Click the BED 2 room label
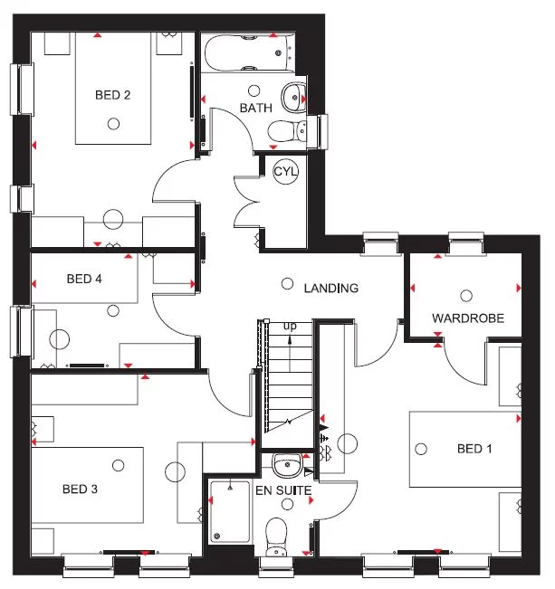(113, 94)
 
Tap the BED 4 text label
(84, 279)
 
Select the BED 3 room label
(80, 489)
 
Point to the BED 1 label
(475, 449)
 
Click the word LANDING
(331, 289)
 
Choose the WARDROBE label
(467, 318)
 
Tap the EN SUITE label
(282, 491)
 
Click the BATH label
(255, 109)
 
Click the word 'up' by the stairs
(290, 326)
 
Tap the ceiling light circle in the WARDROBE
(466, 295)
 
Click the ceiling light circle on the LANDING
(287, 283)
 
